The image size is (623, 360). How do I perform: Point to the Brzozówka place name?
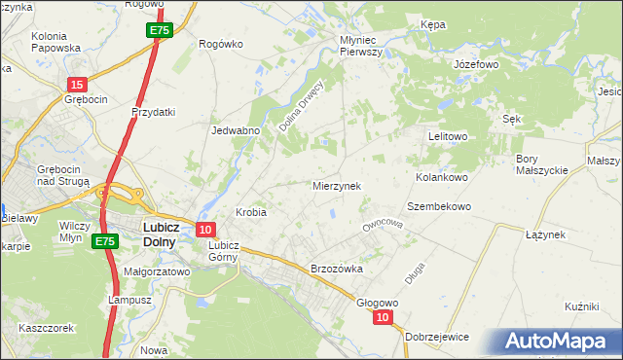point(336,269)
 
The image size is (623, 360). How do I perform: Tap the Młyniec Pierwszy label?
point(365,46)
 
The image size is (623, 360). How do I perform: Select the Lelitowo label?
point(449,137)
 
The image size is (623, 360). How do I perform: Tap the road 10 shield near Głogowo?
point(385,317)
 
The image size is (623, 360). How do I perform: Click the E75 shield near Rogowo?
point(162,31)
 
